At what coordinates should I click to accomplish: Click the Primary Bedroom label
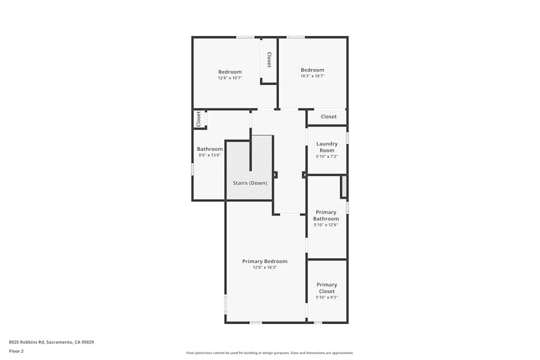coord(265,261)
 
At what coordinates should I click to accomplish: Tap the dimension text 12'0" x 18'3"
coord(265,267)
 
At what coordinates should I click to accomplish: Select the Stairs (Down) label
coord(250,183)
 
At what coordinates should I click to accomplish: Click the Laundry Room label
coord(327,147)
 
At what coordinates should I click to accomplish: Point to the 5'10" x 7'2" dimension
coord(327,157)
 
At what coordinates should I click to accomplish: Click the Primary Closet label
coord(327,288)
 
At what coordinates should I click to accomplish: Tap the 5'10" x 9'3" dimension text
coord(327,297)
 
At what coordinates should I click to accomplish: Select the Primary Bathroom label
coord(326,215)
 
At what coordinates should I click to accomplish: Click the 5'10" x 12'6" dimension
coord(326,225)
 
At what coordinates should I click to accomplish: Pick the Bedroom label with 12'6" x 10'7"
coord(230,72)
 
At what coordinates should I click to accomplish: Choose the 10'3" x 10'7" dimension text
coord(312,76)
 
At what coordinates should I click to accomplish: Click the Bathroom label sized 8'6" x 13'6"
coord(210,149)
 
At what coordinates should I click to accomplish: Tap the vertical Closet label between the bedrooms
coord(269,60)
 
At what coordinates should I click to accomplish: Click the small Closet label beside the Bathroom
coord(199,119)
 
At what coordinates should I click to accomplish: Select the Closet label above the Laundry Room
coord(328,117)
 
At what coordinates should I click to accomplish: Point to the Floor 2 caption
coord(16,351)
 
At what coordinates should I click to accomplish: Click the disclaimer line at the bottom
coord(269,352)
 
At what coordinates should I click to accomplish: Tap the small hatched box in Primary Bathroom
coord(343,187)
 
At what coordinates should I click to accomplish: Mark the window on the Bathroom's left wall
coord(192,169)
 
